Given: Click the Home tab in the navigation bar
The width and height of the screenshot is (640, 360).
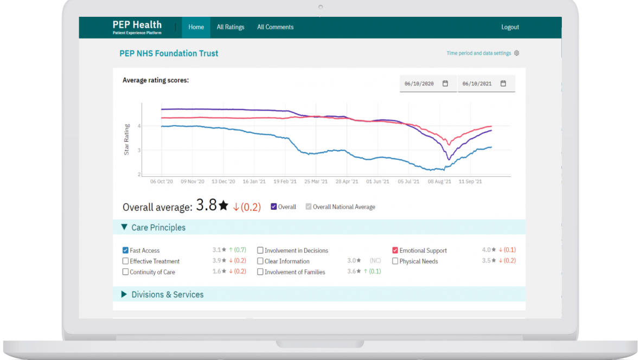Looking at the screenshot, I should pos(196,27).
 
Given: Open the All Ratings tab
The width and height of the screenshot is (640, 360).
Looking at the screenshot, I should pos(231,27).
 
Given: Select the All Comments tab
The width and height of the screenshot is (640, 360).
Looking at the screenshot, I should pos(275,27).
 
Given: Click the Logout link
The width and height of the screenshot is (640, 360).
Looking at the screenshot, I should pos(510,27).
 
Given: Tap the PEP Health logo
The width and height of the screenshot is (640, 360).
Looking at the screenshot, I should pos(137,27).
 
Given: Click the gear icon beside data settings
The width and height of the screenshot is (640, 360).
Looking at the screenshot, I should pos(517,53).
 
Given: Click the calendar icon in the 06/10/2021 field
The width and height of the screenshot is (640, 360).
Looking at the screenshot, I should pos(503,83).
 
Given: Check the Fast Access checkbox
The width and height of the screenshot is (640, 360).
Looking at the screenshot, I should pos(126,250).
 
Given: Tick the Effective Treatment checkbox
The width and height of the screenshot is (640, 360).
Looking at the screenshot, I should pos(126,261).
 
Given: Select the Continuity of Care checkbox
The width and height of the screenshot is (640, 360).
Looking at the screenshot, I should pos(126,272).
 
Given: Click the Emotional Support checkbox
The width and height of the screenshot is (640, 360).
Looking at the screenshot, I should pos(395,250).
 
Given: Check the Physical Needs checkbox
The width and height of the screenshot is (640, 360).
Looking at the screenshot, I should pos(395,261).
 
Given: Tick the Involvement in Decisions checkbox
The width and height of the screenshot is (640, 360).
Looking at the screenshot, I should pos(260,250).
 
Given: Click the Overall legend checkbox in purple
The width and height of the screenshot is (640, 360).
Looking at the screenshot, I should pos(274,207).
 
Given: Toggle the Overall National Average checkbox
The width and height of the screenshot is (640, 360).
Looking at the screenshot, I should pos(309,207).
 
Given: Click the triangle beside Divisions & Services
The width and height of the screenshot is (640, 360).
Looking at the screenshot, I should pos(124,294).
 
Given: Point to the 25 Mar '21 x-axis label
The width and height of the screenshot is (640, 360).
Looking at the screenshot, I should pos(316,182).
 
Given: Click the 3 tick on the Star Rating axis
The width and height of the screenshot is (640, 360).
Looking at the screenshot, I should pos(139,150).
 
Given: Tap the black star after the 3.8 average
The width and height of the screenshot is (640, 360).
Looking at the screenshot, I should pos(223,205).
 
